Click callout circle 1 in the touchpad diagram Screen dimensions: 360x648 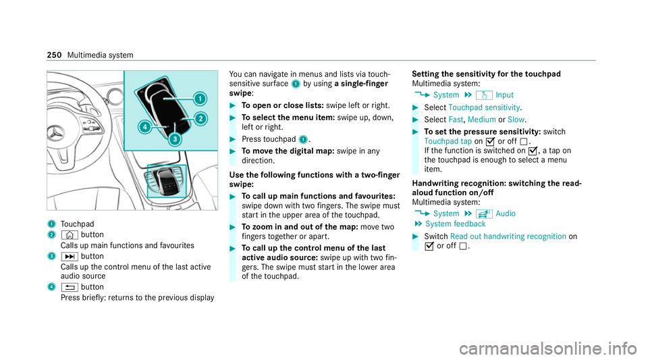(199, 98)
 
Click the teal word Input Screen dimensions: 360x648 (505, 95)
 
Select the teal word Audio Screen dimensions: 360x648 (506, 213)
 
